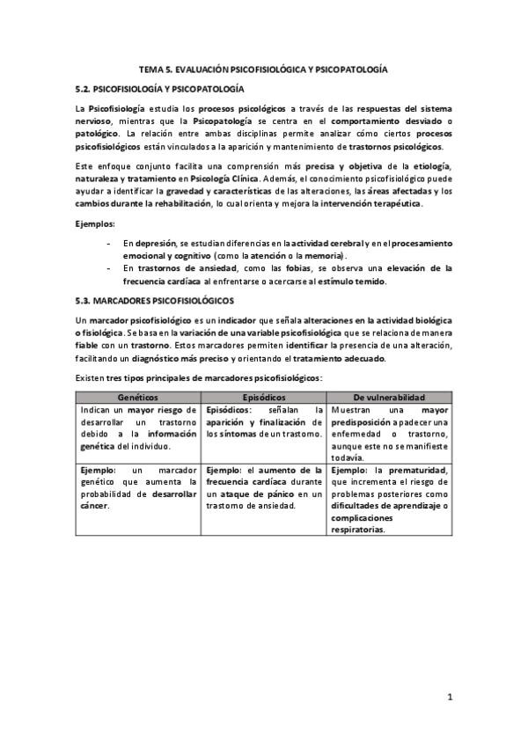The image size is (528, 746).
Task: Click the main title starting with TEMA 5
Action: click(x=264, y=68)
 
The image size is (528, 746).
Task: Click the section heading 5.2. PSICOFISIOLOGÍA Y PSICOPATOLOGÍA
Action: click(x=159, y=89)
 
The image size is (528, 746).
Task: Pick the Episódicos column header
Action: click(x=264, y=398)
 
